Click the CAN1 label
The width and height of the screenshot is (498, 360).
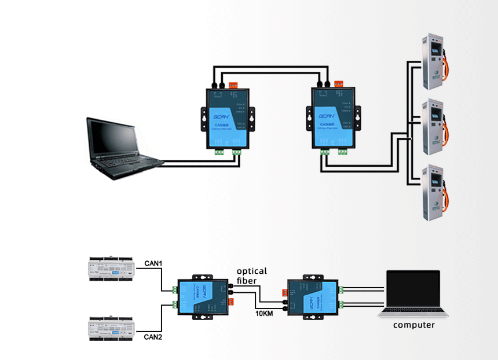tap(153, 265)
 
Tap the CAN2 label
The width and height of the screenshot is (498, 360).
tap(153, 337)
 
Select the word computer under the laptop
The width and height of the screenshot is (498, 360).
tap(413, 325)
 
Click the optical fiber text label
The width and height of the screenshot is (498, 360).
tap(251, 276)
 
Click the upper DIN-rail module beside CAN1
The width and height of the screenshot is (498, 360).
tap(109, 269)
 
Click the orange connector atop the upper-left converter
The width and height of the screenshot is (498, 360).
tap(234, 85)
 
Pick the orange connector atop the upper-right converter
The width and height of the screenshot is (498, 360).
tap(339, 85)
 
